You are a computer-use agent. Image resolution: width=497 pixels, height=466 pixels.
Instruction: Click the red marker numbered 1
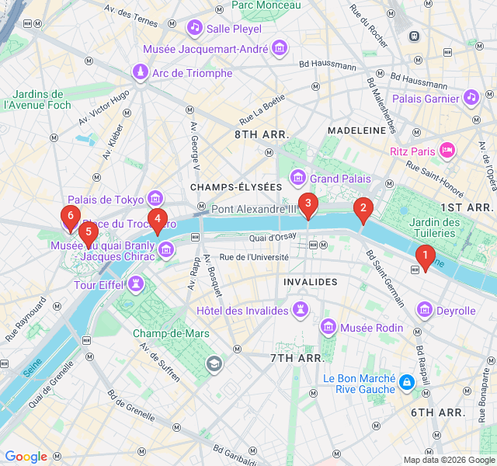[x=424, y=256]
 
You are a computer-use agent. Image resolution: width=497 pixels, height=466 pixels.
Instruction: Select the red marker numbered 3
[x=308, y=205]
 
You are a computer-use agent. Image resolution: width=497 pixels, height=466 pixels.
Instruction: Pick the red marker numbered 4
[x=157, y=221]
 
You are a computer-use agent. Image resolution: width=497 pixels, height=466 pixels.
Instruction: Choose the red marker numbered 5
[x=88, y=232]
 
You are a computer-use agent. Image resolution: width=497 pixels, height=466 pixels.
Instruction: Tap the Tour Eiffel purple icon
[x=137, y=285]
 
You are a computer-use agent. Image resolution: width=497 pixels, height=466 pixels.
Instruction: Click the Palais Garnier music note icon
[x=471, y=98]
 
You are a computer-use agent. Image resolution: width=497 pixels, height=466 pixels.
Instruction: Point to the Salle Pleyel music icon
[x=194, y=28]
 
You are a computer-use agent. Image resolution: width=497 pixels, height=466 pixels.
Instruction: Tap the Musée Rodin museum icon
[x=328, y=327]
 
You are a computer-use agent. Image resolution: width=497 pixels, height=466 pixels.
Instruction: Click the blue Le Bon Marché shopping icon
[x=406, y=382]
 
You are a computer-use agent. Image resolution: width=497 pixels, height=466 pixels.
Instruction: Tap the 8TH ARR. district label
[x=262, y=134]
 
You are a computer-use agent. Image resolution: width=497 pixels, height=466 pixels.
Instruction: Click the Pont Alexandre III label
[x=254, y=209]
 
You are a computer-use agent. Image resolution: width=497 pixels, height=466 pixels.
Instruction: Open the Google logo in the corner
[x=26, y=457]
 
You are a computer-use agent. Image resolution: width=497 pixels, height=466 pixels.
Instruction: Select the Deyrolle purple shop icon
[x=425, y=311]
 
